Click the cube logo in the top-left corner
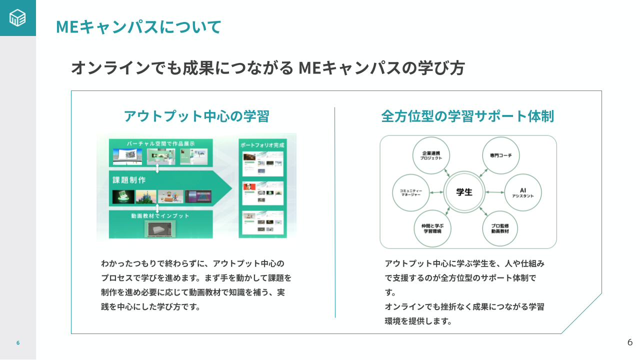17,18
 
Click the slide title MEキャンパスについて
138,26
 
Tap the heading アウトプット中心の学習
196,116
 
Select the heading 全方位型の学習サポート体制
467,116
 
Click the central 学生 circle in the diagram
464,192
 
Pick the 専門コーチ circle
500,155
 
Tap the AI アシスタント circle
522,192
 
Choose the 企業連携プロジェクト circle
431,155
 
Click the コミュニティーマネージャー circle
411,192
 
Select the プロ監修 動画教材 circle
500,228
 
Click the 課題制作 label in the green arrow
129,179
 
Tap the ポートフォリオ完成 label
262,144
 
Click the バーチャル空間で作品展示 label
160,143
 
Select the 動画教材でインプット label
160,216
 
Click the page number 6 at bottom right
629,342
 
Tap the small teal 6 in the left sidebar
18,343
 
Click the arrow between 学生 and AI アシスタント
494,192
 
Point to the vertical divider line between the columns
335,212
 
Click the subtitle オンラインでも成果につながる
182,67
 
